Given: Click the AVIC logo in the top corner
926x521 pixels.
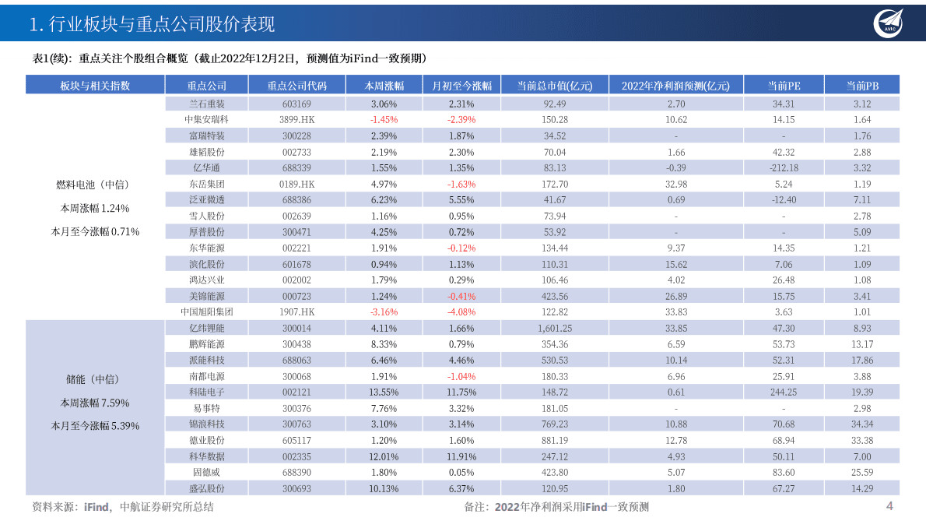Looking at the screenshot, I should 890,23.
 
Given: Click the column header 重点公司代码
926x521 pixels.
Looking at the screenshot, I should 296,86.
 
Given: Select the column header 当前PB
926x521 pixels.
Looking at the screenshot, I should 861,86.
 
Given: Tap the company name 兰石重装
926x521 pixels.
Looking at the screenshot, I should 206,104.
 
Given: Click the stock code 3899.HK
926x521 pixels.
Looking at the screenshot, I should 296,120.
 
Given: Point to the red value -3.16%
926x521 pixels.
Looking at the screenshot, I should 384,312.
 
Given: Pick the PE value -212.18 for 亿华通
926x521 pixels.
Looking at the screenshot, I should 784,168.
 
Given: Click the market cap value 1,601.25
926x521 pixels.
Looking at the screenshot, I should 555,328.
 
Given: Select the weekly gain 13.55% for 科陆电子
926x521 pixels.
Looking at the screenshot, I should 384,392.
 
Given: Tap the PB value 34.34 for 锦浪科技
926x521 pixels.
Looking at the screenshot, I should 862,424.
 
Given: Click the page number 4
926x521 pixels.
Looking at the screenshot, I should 889,506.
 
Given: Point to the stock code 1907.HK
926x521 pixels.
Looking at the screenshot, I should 296,312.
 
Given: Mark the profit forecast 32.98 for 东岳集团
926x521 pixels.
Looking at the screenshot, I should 676,185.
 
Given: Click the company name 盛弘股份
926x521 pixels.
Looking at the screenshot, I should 206,488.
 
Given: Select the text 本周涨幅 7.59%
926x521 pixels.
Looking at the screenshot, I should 95,403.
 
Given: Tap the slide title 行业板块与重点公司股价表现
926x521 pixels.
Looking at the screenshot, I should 151,24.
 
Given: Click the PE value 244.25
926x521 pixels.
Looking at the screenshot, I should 784,392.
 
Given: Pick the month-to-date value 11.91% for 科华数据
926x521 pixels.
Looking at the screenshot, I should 461,456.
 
